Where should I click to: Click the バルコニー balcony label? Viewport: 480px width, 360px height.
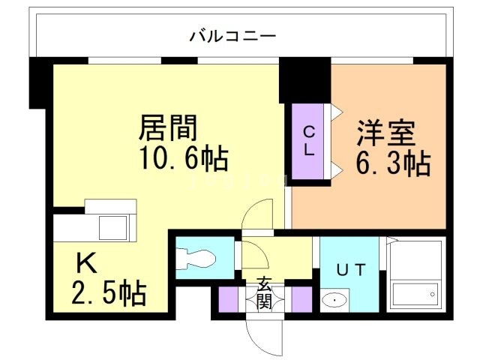pyautogui.click(x=233, y=35)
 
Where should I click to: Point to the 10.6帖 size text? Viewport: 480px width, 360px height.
pyautogui.click(x=182, y=159)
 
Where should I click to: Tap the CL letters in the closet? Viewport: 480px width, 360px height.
pyautogui.click(x=308, y=140)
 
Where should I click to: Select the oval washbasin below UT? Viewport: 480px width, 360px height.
pyautogui.click(x=332, y=301)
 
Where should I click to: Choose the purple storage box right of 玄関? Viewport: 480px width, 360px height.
pyautogui.click(x=301, y=298)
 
